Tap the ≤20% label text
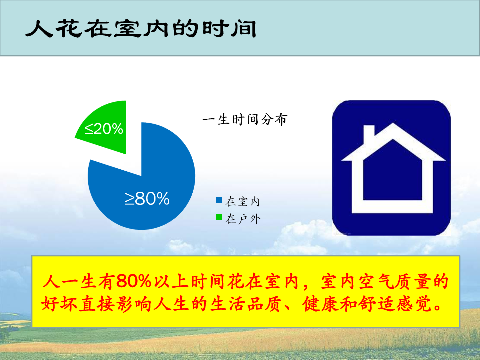(x=104, y=129)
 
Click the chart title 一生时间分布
(x=245, y=119)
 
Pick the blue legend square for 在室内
(x=219, y=200)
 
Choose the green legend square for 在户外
(x=219, y=217)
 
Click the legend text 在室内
(x=243, y=201)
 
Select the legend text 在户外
(x=243, y=219)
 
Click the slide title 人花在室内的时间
(x=141, y=29)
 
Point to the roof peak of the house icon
(x=393, y=124)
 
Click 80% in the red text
(x=134, y=281)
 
